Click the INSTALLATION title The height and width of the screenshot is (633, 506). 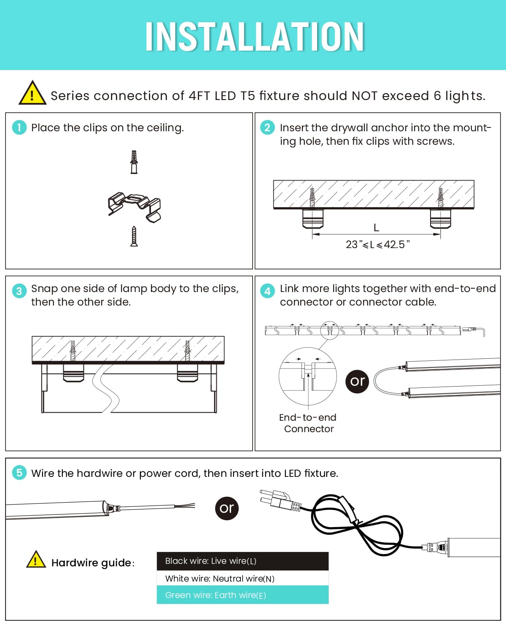[x=254, y=37]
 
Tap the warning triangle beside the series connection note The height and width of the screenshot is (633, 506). [x=32, y=93]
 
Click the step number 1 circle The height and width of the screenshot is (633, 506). [x=19, y=127]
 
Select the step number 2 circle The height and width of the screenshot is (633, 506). [x=267, y=127]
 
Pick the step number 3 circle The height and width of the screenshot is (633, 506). [x=19, y=291]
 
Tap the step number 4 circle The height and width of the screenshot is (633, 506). [x=267, y=291]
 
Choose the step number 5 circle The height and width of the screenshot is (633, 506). [x=19, y=472]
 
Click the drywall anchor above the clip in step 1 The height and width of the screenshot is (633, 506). [x=134, y=162]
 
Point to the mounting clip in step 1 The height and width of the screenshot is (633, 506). [x=135, y=206]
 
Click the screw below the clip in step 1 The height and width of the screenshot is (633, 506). [x=134, y=236]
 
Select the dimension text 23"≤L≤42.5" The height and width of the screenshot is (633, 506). [x=377, y=244]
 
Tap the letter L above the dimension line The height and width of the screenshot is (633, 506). [x=376, y=228]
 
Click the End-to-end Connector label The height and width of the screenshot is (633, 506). [x=308, y=423]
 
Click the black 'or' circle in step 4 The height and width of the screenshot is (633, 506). [x=357, y=381]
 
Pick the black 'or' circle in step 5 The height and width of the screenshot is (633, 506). [x=226, y=508]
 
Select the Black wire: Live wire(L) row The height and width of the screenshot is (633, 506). [x=242, y=561]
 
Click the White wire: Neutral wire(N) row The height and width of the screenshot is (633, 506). [x=242, y=578]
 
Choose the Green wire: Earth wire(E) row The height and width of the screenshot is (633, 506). [x=242, y=595]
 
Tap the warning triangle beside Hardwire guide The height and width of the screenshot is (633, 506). [x=36, y=560]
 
